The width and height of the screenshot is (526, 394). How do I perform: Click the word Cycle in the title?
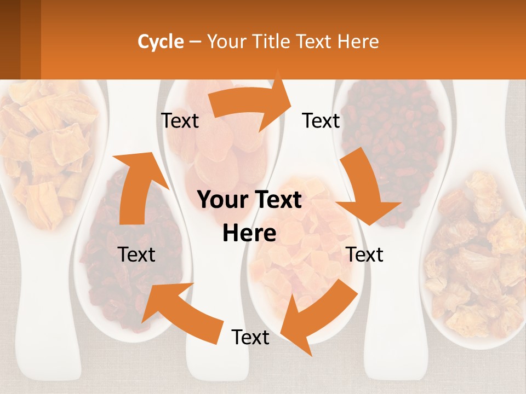point(161,42)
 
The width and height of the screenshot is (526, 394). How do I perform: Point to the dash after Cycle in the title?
point(195,42)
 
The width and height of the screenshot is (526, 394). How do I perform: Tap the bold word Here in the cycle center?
point(249,234)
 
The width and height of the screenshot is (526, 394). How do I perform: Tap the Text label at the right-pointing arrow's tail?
point(180,120)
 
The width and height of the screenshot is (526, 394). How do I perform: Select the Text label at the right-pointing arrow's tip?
point(321,120)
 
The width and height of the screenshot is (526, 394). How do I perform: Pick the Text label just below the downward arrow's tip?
point(365,254)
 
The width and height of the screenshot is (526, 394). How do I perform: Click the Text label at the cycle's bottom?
point(250,337)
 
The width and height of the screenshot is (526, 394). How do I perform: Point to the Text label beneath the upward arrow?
point(137,254)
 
